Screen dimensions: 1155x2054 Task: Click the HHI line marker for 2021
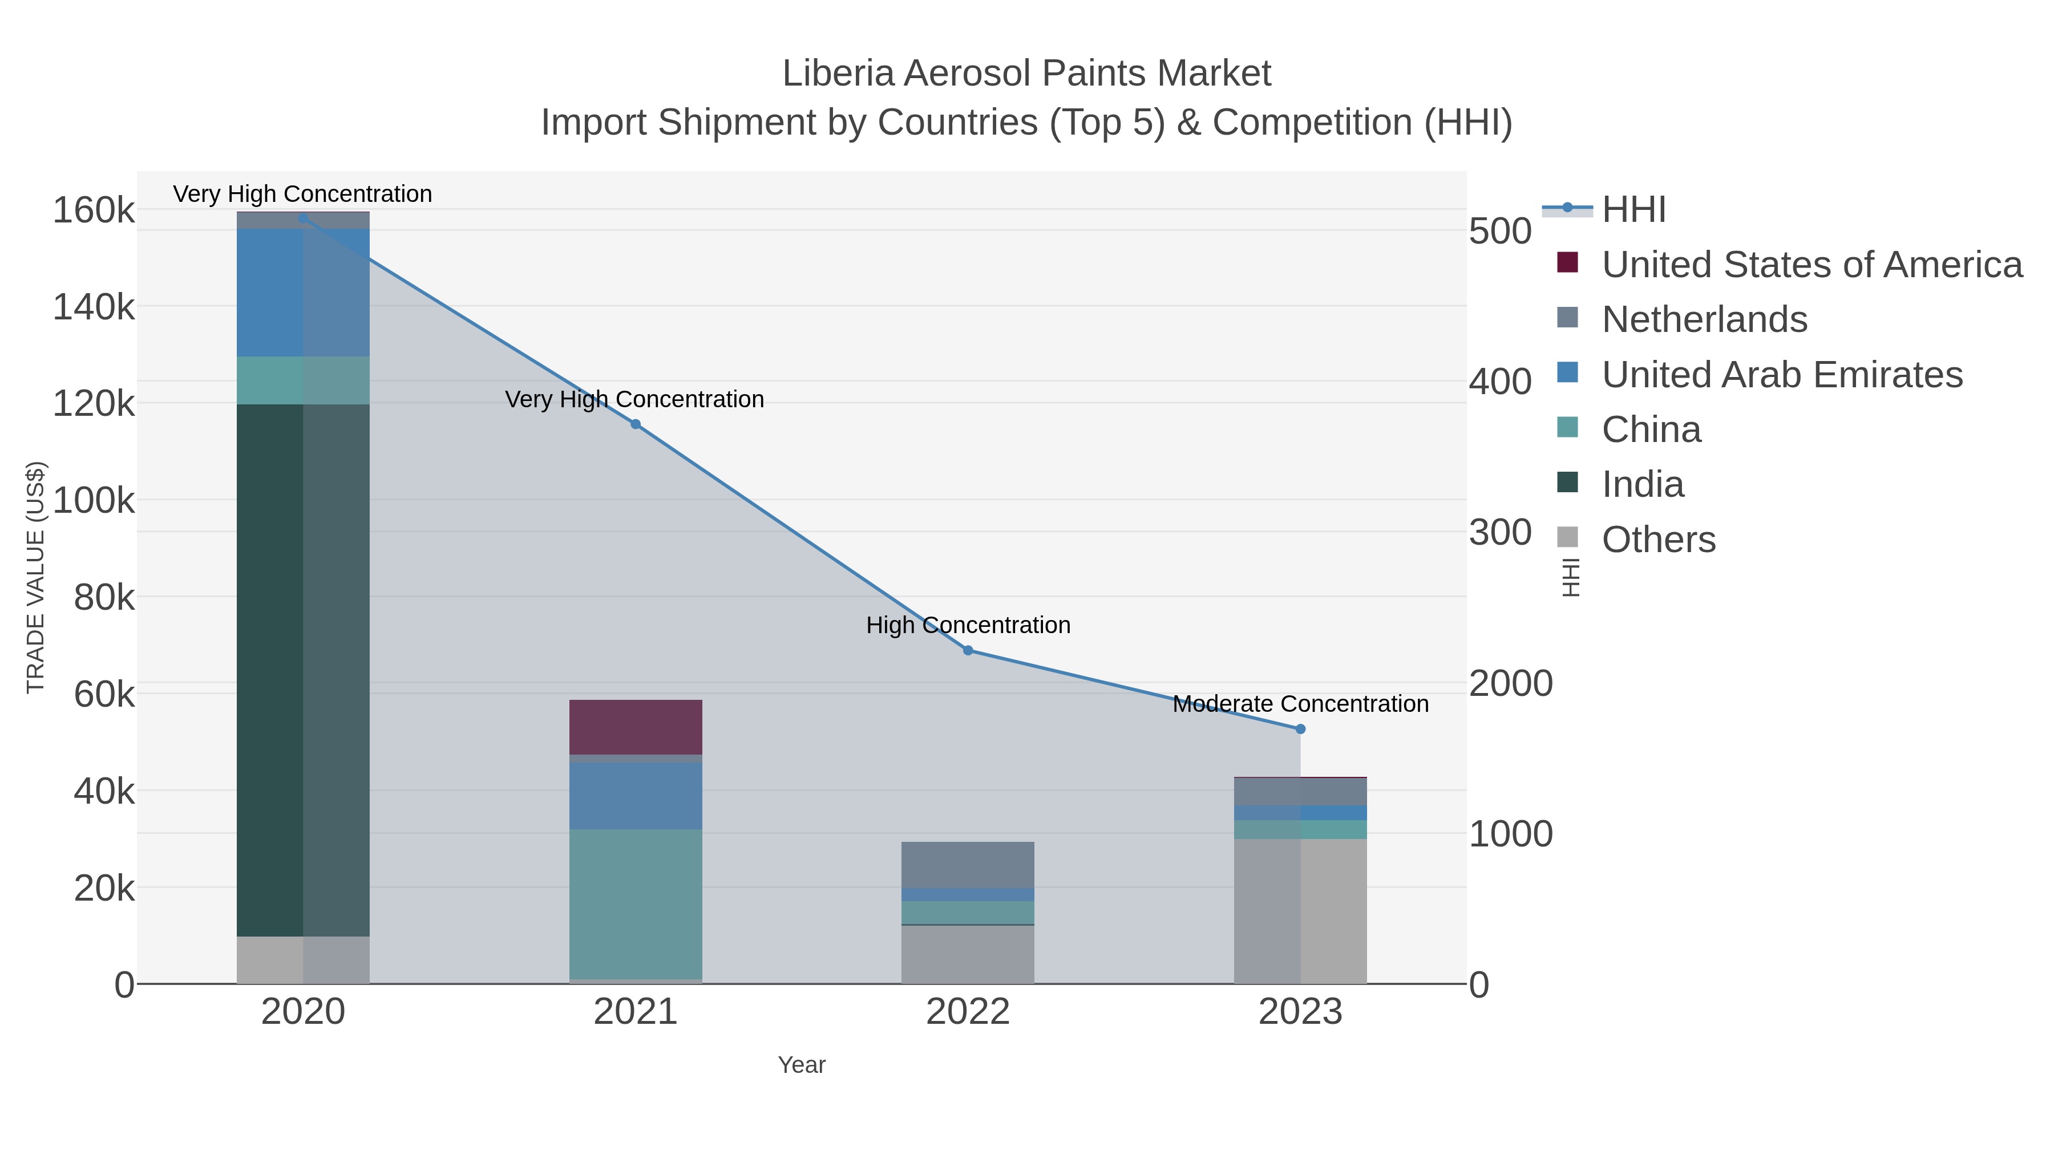pos(636,424)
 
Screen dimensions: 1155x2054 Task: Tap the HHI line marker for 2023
pos(1300,728)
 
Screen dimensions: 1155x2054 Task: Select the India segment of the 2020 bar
pos(303,670)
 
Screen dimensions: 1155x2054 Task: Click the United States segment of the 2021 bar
pos(636,727)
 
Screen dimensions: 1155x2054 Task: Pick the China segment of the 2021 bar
pos(636,904)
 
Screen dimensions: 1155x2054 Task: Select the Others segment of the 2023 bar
pos(1300,910)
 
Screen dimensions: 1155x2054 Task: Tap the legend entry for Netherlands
pos(1704,319)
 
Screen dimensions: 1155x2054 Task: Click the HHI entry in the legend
pos(1633,210)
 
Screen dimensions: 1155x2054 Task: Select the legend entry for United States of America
pos(1811,265)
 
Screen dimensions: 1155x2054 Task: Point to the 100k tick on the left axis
pos(94,501)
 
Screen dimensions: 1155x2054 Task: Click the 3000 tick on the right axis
pos(1500,533)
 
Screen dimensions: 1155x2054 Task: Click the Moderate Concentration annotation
pos(1300,704)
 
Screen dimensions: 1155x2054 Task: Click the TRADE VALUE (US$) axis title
pos(36,577)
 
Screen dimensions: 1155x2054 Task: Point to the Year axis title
pos(802,1065)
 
